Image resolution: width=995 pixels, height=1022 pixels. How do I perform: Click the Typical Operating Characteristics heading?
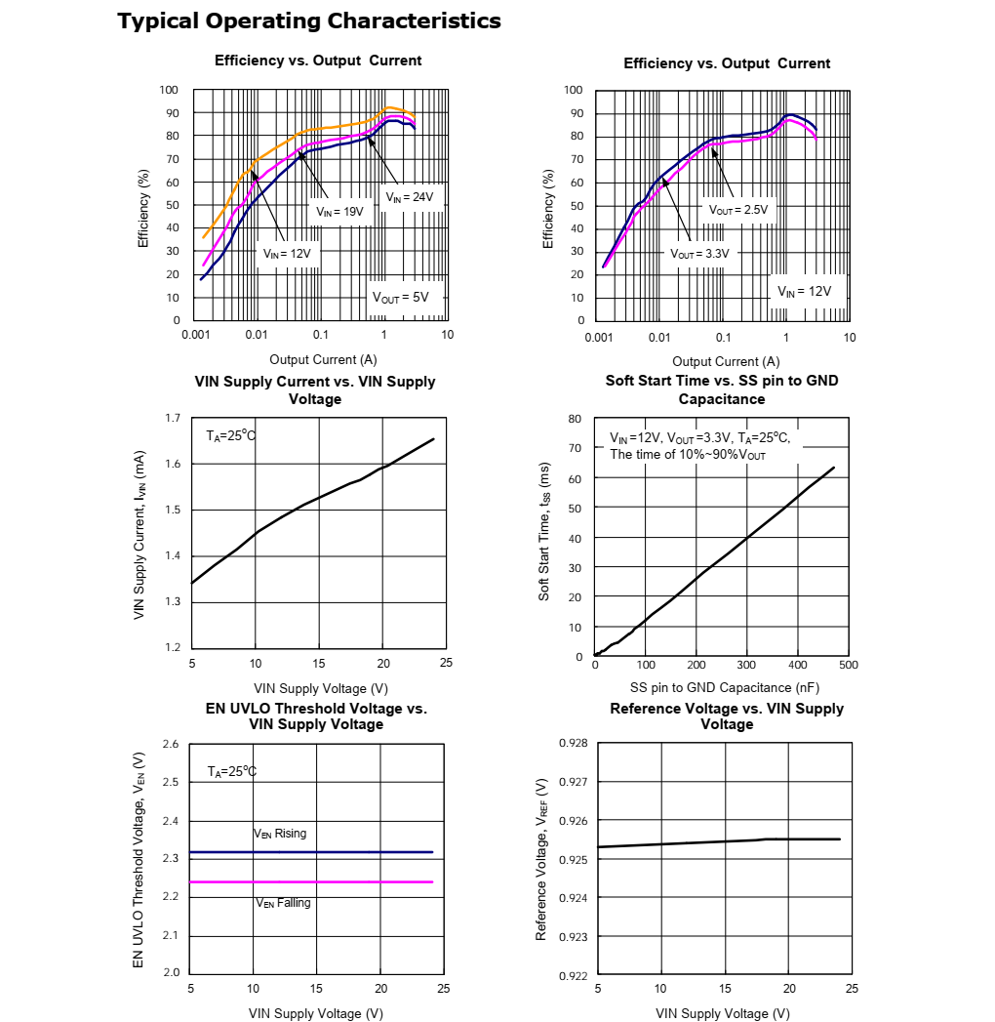pos(309,20)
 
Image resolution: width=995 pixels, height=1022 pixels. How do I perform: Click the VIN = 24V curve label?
pos(409,197)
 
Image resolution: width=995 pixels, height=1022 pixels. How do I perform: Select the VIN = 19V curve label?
pos(339,211)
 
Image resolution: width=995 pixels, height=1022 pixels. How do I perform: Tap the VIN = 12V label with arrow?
pos(287,253)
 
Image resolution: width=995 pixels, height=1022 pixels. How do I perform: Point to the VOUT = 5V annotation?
pos(400,298)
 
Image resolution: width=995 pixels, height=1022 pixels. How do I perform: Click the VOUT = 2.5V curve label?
pos(738,210)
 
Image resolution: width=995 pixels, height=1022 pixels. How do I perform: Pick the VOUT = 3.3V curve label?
pos(699,253)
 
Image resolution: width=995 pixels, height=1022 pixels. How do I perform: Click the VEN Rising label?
pos(280,834)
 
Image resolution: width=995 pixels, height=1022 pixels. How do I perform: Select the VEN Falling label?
pos(283,903)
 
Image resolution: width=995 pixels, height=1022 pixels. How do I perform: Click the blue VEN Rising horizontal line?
pos(312,852)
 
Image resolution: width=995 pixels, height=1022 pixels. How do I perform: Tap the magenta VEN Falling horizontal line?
pos(312,882)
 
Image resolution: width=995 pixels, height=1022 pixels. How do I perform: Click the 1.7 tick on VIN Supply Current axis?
pos(173,419)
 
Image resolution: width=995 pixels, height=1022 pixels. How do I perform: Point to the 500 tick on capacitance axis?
pos(849,665)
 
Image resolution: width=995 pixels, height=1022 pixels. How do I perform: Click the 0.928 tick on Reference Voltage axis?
pos(574,744)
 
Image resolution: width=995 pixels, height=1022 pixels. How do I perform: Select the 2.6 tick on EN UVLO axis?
pos(171,745)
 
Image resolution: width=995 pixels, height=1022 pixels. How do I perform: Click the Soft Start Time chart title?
pos(722,389)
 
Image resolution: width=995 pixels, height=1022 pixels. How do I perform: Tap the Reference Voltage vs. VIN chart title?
pos(727,716)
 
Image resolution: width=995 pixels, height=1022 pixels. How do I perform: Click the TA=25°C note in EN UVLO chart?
pos(232,772)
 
